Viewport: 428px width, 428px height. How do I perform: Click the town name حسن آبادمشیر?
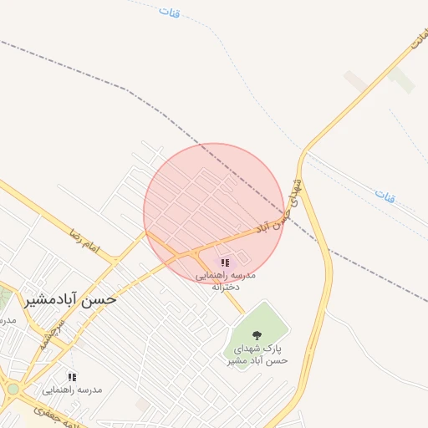71,298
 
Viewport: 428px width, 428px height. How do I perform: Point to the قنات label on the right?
385,197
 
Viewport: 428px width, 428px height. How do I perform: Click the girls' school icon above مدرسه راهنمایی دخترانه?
225,262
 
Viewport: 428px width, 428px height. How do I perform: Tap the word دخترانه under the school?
226,287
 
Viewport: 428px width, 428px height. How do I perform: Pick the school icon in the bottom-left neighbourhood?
72,377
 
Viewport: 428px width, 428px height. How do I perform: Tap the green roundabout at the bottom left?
13,389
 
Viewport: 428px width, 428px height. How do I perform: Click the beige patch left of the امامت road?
355,81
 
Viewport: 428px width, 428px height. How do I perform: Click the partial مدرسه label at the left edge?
8,320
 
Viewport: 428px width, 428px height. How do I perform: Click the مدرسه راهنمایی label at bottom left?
72,390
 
